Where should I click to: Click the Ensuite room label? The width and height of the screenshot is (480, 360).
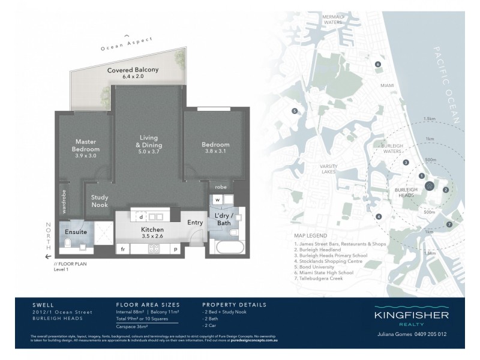click(x=76, y=231)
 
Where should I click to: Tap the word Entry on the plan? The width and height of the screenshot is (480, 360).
click(x=195, y=223)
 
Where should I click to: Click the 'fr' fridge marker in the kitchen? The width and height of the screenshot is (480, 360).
click(x=122, y=248)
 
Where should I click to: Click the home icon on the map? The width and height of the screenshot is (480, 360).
click(x=430, y=185)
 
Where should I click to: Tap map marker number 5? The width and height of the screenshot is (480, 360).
click(x=295, y=111)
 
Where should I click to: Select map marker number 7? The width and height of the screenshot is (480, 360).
click(x=449, y=225)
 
